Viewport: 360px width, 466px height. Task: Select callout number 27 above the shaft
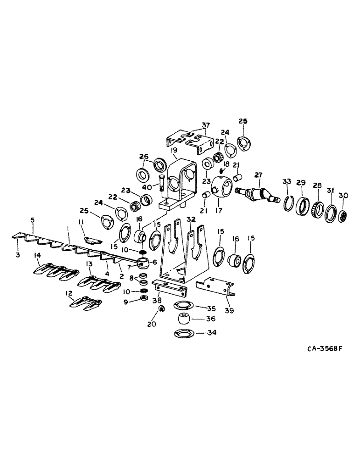tap(258, 175)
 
